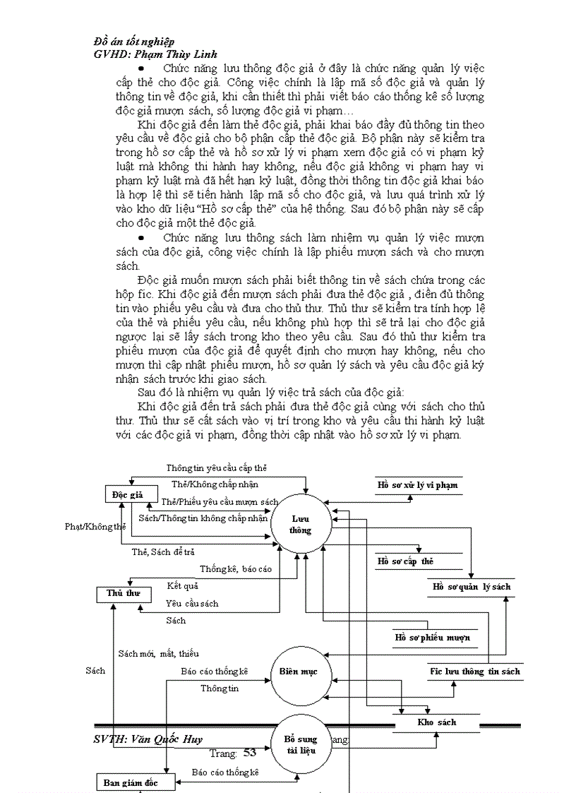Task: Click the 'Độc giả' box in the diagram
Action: point(127,495)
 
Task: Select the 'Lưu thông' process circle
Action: point(300,525)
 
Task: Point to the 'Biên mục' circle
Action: point(299,672)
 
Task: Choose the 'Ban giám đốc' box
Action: point(130,782)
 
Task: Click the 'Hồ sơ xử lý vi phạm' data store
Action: point(417,485)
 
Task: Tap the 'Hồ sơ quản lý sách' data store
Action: point(472,587)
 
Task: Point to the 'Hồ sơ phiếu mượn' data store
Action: point(433,638)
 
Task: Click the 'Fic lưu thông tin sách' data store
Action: point(475,672)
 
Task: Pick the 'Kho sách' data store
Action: point(437,722)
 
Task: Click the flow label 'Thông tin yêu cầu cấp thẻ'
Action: point(216,468)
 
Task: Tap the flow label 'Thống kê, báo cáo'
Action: point(235,568)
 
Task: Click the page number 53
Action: point(249,753)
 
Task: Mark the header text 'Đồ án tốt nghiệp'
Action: point(134,42)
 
